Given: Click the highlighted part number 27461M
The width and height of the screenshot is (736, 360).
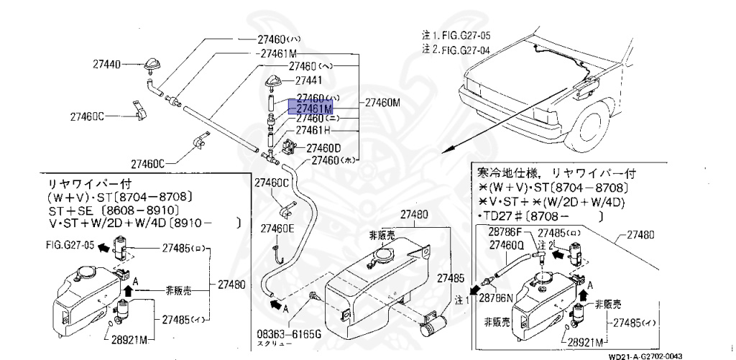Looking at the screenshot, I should click(x=310, y=108).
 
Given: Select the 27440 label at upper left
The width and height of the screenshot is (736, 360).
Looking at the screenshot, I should click(x=106, y=65).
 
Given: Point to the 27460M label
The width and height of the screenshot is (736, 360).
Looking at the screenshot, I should click(x=382, y=102).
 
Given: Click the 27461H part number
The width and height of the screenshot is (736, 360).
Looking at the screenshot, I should click(x=313, y=130).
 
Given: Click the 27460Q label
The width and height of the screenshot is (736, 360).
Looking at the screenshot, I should click(x=508, y=244).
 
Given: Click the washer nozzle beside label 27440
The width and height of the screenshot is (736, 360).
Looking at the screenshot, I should click(x=153, y=65).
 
